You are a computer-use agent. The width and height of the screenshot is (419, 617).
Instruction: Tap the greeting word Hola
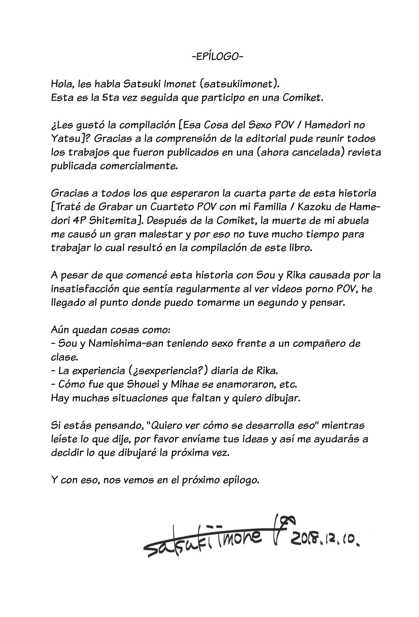tap(60, 84)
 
